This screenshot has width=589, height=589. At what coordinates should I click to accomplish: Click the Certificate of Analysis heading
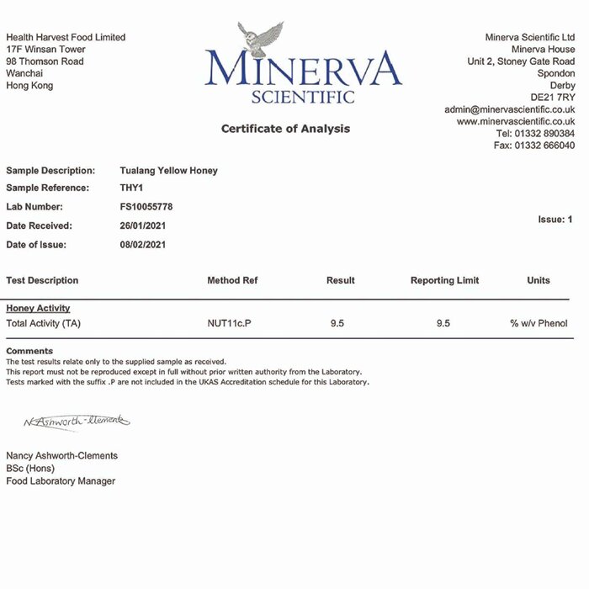(x=285, y=129)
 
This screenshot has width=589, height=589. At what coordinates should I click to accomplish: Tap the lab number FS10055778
(x=147, y=207)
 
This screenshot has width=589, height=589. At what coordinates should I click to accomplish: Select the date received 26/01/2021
(x=143, y=226)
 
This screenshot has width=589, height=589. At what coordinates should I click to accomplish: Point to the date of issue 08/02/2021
(x=143, y=245)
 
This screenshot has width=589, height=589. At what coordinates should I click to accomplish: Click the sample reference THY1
(x=133, y=188)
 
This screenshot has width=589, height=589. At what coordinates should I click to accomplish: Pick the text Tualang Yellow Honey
(x=169, y=171)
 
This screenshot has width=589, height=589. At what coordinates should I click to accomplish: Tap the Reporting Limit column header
(x=445, y=281)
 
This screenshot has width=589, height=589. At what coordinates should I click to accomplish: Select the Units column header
(x=539, y=281)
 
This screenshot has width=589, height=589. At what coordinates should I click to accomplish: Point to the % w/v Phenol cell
(x=539, y=323)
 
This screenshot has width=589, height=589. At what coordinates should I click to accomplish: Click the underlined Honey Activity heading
(x=38, y=309)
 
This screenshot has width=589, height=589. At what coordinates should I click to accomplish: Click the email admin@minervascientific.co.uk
(x=510, y=109)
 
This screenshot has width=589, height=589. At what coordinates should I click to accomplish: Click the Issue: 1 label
(x=555, y=220)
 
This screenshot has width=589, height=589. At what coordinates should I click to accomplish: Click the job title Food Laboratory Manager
(x=61, y=481)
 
